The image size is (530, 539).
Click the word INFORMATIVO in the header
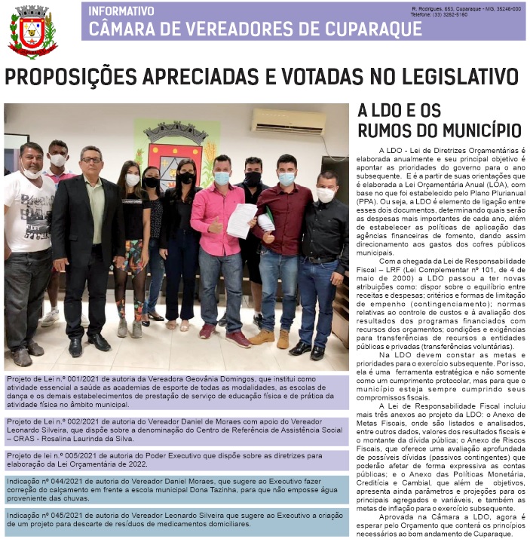pos(121,11)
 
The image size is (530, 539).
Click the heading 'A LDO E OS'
pos(399,111)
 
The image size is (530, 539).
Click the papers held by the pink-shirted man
pos(241,219)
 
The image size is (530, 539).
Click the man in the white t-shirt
pos(29,241)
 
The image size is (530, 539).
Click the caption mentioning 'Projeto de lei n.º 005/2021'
pos(176,461)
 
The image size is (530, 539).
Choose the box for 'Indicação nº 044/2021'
pos(176,489)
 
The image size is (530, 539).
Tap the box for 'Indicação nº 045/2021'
pos(176,519)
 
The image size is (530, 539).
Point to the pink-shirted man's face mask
pos(222,179)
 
